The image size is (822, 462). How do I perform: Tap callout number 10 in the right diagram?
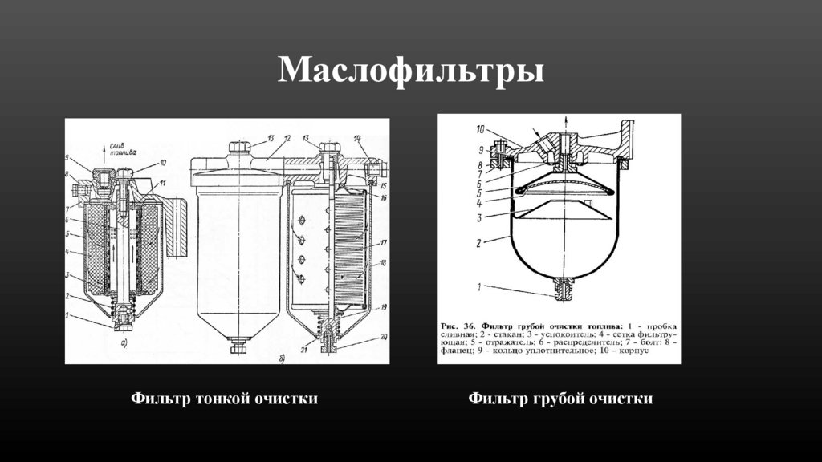click(479, 129)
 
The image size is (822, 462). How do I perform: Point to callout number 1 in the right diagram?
click(480, 286)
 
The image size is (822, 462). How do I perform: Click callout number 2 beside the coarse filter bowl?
click(480, 241)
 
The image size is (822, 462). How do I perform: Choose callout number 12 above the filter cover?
click(287, 138)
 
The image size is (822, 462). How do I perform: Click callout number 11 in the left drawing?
click(163, 184)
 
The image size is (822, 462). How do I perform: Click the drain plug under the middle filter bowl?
click(238, 346)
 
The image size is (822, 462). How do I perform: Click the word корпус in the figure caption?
click(659, 351)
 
